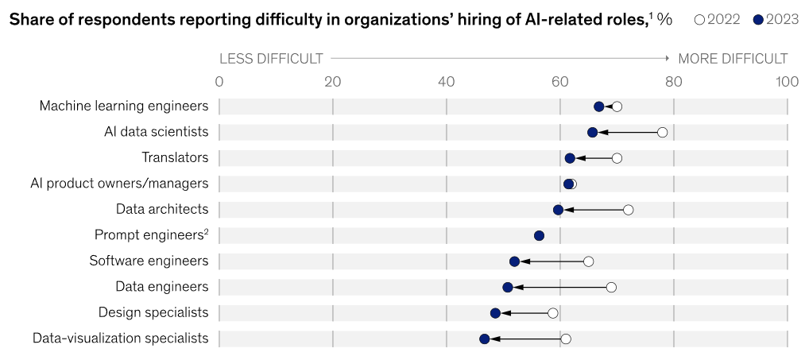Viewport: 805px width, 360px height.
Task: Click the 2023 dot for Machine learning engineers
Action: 599,106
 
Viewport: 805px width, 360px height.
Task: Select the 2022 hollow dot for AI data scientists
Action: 662,132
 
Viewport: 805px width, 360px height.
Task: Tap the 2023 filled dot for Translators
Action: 570,158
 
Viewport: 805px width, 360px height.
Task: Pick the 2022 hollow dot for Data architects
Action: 629,210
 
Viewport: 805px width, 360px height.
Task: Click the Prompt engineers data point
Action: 539,235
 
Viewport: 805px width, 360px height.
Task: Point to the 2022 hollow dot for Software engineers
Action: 589,261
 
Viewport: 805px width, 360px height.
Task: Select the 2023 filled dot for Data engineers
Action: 508,287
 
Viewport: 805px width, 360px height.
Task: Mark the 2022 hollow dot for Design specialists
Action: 553,313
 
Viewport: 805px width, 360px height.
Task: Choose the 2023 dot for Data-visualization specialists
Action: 485,339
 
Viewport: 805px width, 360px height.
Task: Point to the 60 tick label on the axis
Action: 560,81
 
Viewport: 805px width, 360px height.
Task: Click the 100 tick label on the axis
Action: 787,81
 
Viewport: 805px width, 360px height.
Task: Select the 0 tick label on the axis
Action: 219,81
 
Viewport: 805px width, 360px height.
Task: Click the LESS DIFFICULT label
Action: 271,59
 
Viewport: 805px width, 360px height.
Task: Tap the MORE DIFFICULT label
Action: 732,59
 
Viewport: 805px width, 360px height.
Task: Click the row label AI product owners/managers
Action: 119,184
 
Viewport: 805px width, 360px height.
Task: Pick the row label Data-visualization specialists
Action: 121,339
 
